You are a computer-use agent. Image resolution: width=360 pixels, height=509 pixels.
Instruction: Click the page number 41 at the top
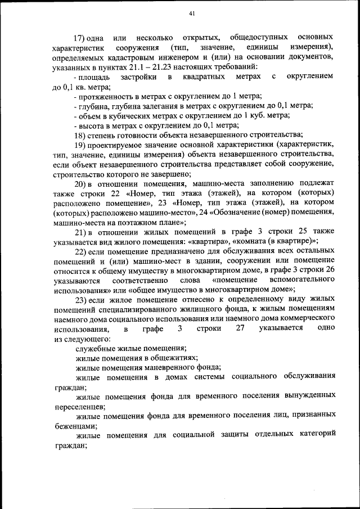point(192,13)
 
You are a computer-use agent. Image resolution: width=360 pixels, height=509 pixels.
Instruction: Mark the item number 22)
point(82,250)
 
